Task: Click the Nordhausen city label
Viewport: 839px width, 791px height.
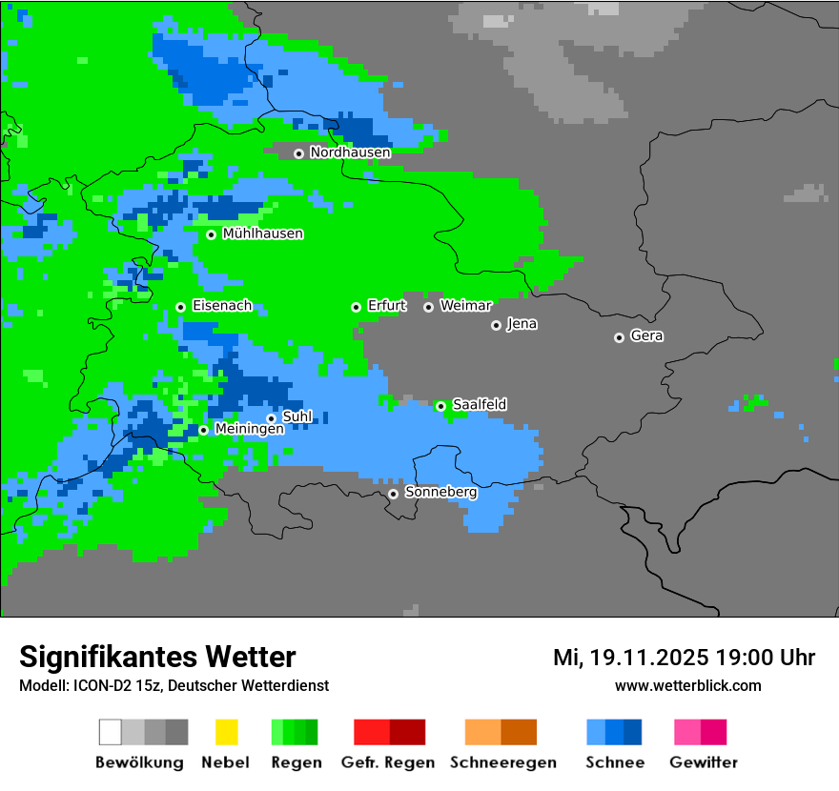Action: pyautogui.click(x=350, y=152)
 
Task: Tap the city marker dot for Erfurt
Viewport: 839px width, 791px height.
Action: pyautogui.click(x=356, y=307)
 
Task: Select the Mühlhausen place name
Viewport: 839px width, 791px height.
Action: pyautogui.click(x=262, y=233)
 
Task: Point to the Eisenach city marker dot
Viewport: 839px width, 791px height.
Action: pyautogui.click(x=180, y=307)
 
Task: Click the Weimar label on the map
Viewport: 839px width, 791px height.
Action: pyautogui.click(x=465, y=306)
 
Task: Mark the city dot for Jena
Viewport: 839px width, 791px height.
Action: pyautogui.click(x=496, y=325)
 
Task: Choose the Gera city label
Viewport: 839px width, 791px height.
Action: pyautogui.click(x=646, y=336)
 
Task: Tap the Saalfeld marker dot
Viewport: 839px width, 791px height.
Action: pyautogui.click(x=440, y=406)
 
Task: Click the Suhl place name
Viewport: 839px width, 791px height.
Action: pyautogui.click(x=297, y=416)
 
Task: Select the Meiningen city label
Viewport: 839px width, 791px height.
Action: pyautogui.click(x=249, y=430)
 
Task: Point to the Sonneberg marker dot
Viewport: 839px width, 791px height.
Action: pyautogui.click(x=393, y=494)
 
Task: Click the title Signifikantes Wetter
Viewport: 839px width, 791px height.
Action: pyautogui.click(x=157, y=657)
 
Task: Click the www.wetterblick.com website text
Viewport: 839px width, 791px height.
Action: pyautogui.click(x=687, y=685)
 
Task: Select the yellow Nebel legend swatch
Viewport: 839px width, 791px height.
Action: pyautogui.click(x=226, y=732)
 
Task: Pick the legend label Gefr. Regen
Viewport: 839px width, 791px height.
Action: pyautogui.click(x=387, y=762)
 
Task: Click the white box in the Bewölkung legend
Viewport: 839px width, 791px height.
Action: pyautogui.click(x=111, y=732)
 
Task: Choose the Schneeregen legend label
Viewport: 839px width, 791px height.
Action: pyautogui.click(x=503, y=762)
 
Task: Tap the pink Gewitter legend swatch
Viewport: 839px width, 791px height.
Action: pyautogui.click(x=687, y=732)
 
